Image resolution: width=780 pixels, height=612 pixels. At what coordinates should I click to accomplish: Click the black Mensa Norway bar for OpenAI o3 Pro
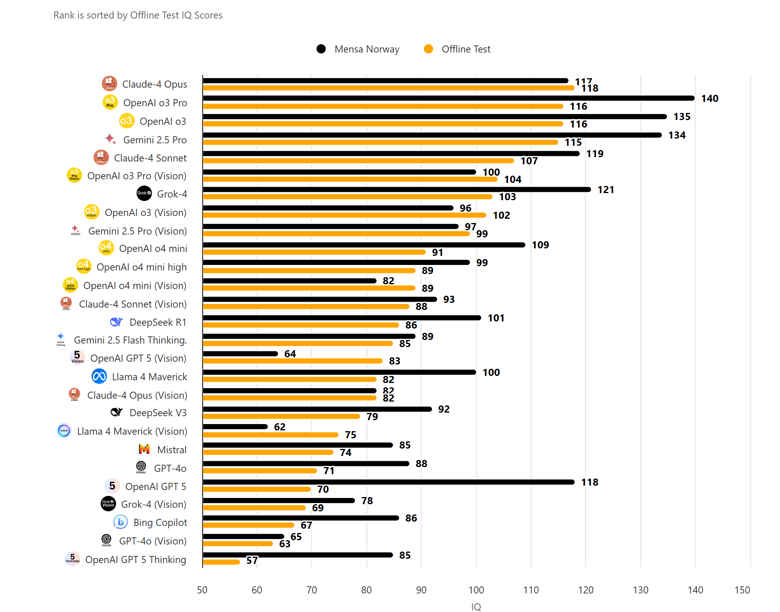point(448,98)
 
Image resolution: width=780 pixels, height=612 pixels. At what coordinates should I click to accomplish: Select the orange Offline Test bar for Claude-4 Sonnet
point(358,161)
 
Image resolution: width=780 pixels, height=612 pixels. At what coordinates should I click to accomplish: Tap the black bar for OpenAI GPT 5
point(388,482)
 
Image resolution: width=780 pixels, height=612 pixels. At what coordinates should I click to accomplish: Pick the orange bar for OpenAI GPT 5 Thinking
point(221,562)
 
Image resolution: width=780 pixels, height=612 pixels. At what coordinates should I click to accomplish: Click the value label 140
point(709,98)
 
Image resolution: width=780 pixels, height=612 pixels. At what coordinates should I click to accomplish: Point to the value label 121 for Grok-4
point(606,190)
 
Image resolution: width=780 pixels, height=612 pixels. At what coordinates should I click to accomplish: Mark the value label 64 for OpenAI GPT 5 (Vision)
point(290,354)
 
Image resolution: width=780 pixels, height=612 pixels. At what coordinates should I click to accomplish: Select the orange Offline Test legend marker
point(428,49)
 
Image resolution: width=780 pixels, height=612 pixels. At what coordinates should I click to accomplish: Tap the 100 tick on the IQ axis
point(476,590)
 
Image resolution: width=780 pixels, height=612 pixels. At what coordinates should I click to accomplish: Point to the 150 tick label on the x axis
point(742,590)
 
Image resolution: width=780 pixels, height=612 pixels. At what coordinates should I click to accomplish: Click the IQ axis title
point(476,607)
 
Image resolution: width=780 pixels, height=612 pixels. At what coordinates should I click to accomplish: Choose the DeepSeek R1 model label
point(157,322)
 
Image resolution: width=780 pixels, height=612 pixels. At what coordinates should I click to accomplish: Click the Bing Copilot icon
point(120,522)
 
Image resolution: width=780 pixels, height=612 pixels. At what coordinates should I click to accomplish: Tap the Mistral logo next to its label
point(144,449)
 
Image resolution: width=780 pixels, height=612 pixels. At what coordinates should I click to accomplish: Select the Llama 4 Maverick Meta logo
point(99,376)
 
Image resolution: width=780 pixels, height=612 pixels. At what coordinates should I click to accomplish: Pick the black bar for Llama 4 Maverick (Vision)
point(235,426)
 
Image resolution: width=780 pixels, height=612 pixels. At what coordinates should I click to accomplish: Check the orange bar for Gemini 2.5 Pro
point(380,142)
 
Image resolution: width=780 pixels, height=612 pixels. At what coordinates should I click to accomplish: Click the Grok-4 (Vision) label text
point(154,504)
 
